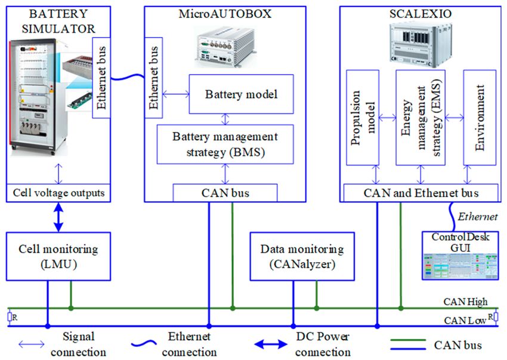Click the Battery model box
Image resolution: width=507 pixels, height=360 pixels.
coord(241,94)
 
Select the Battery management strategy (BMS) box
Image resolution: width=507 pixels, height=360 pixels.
coord(225,144)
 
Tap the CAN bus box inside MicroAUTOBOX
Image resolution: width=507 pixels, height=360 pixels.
coord(225,193)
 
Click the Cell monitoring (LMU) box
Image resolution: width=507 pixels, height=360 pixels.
coord(58,256)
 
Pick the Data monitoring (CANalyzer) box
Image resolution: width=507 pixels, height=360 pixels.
coord(302,256)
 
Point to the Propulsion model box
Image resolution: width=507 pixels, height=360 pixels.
coord(363,118)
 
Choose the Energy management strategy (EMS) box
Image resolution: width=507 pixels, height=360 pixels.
coord(421,118)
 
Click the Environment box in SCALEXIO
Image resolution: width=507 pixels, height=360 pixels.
coord(480,118)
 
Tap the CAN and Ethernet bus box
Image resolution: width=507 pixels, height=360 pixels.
coord(421,193)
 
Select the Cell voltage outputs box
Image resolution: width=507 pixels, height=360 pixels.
coord(58,193)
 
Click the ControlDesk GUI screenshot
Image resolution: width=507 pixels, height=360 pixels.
coord(460,266)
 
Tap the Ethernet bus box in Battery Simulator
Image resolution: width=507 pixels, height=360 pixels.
coord(101,78)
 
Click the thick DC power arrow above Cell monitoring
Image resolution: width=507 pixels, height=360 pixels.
coord(58,217)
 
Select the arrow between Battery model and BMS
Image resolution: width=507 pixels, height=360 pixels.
coord(225,119)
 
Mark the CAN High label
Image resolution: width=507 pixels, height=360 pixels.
coord(465,301)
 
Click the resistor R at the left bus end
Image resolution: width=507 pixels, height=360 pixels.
coord(10,317)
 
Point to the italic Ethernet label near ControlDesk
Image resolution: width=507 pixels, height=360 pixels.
coord(478,217)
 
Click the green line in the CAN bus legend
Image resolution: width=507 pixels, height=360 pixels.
coord(408,340)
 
